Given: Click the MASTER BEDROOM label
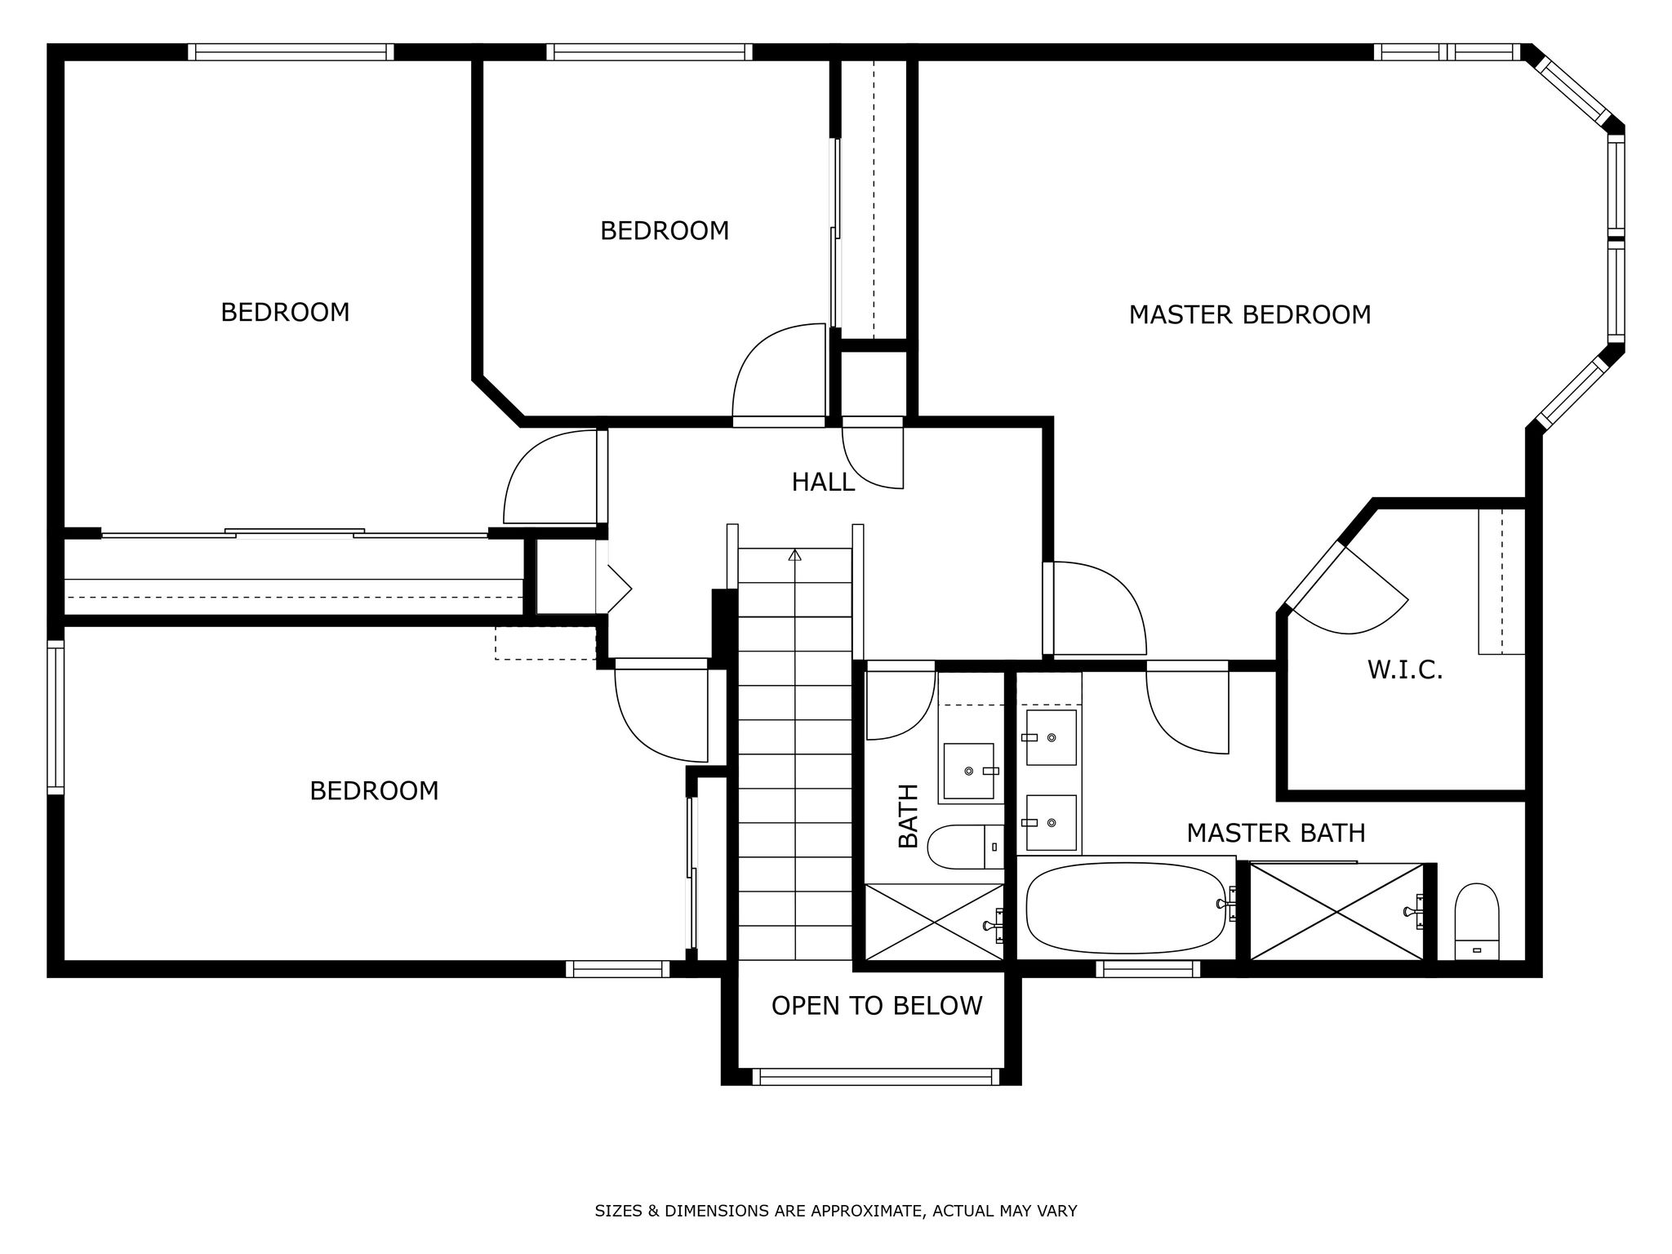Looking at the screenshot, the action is (1249, 314).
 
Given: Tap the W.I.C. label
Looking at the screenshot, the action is (1405, 670).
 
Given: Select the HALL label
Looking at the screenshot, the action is (823, 482).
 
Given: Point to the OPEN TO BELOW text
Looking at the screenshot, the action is (877, 1006).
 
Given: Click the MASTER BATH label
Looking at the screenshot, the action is (1276, 833).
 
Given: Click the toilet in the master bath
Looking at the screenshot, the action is (1478, 921).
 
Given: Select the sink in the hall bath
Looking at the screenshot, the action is (969, 771).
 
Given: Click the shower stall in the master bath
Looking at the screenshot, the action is (1336, 911).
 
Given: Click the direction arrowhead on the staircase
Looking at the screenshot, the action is (795, 555).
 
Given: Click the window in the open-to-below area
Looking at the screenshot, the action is (875, 1078).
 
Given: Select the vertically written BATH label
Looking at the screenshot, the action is (908, 816).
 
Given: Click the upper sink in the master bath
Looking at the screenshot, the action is (1051, 737).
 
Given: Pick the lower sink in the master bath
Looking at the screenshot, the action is (1051, 822).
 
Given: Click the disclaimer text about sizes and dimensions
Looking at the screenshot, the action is (836, 1211).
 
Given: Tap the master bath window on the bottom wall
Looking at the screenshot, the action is (1148, 969).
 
